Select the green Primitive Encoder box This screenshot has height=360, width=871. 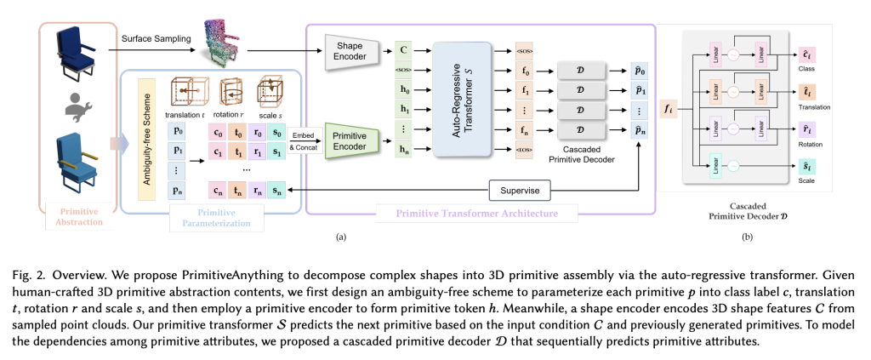(347, 142)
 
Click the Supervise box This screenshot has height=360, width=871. (520, 188)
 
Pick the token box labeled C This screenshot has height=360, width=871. (402, 49)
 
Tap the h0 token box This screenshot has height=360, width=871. (402, 87)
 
